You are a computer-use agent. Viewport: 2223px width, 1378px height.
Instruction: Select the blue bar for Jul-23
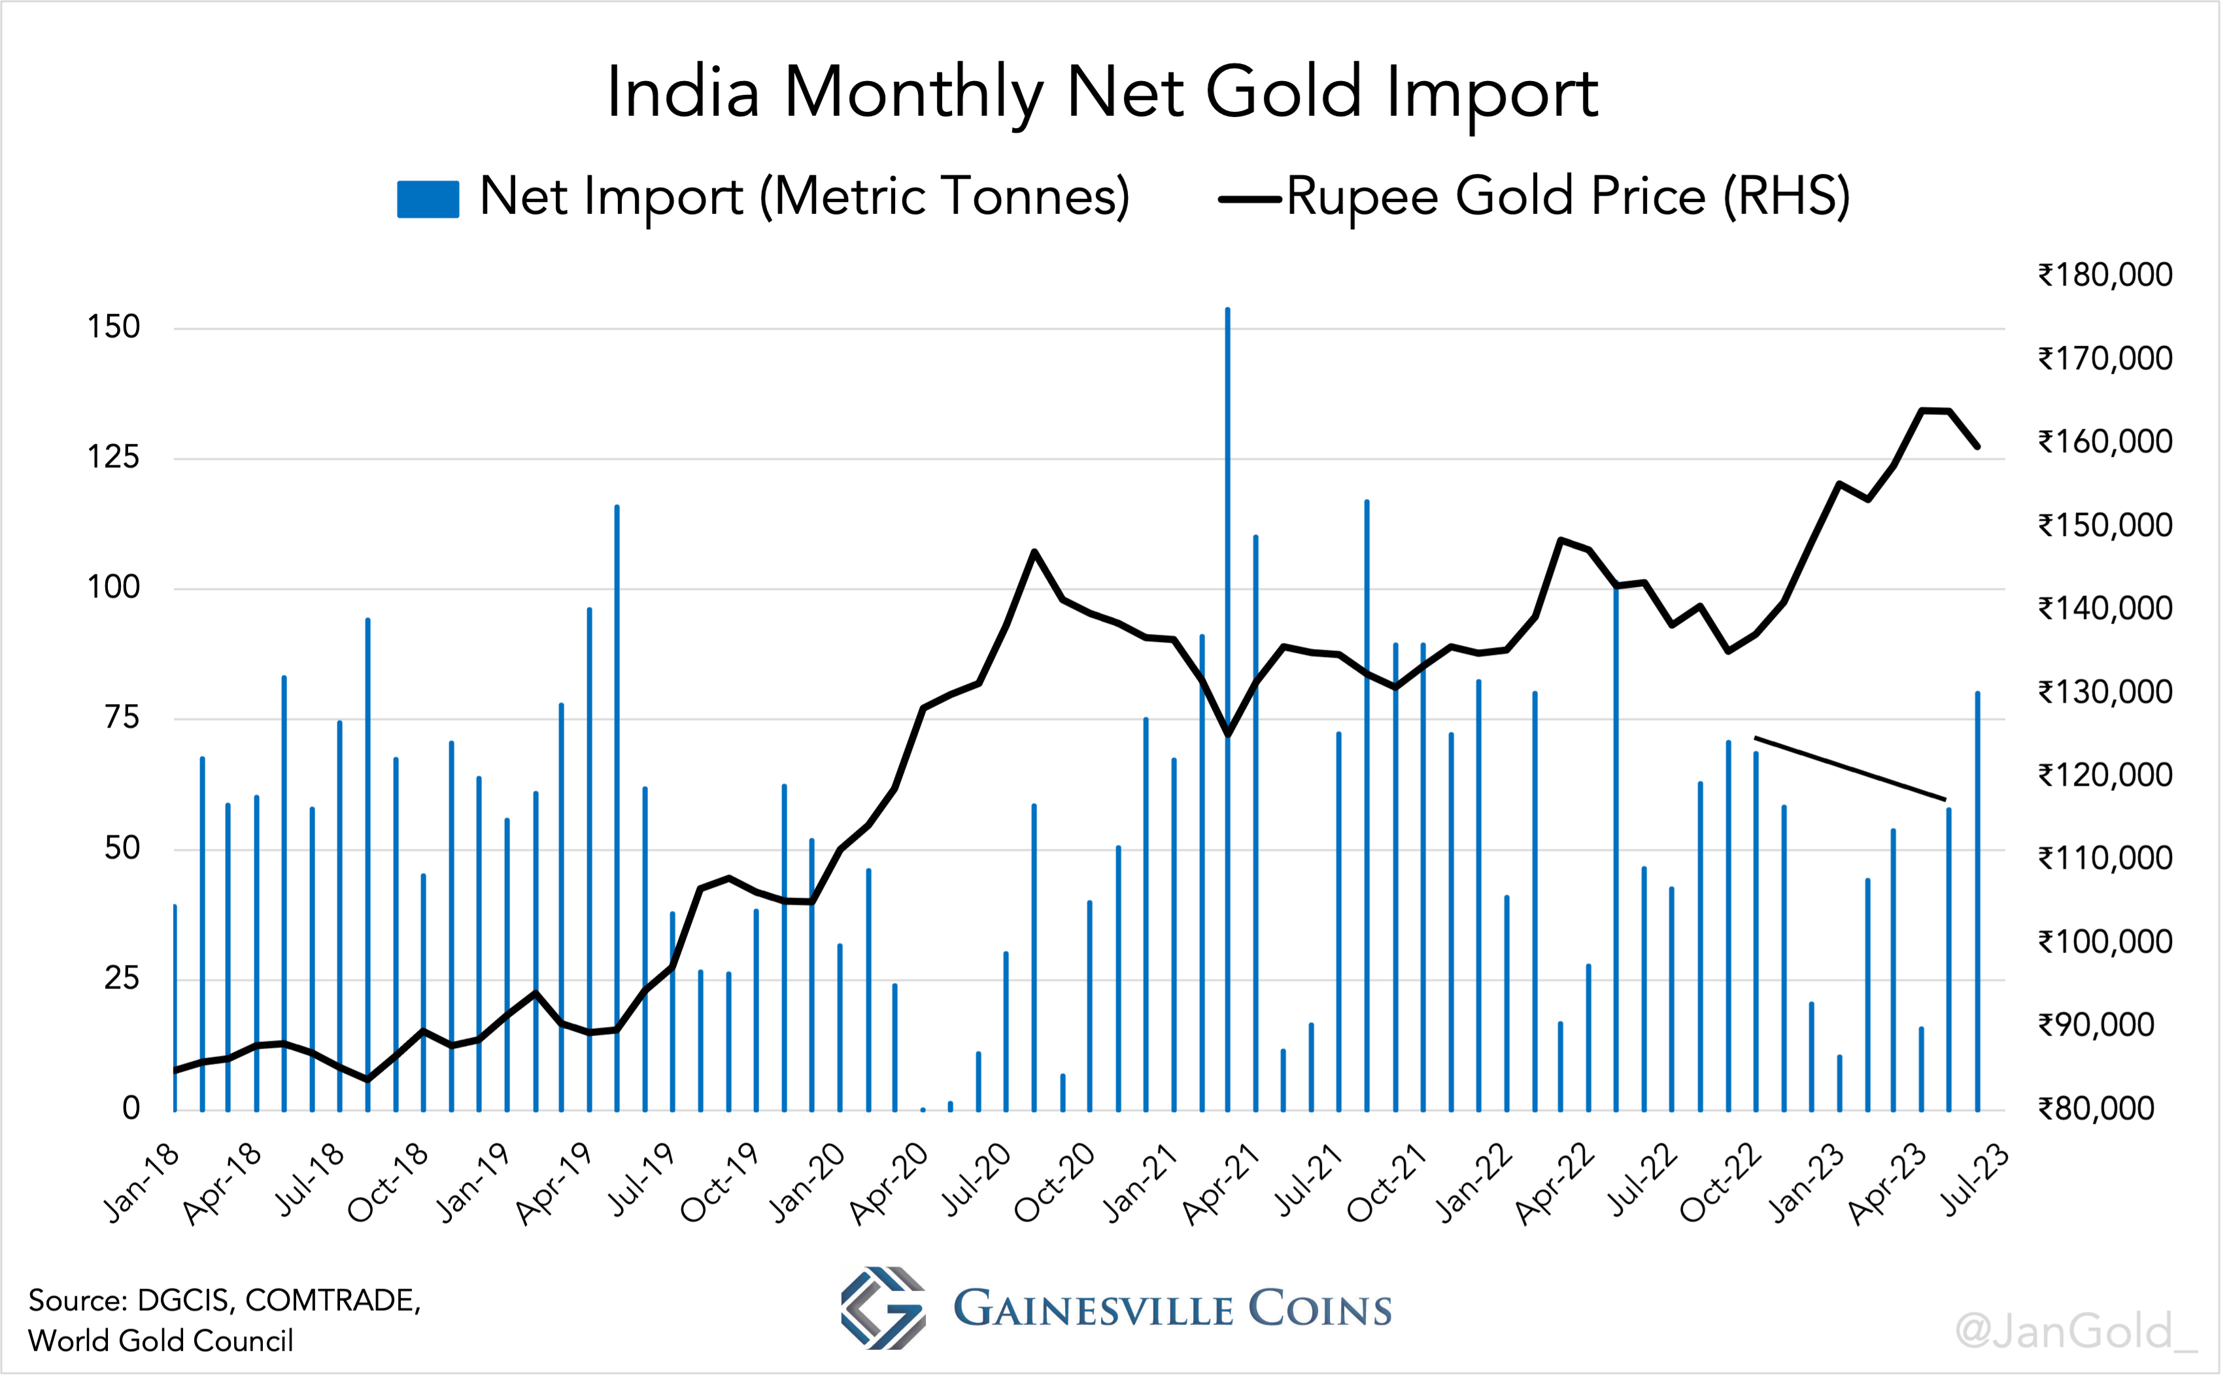coord(1977,902)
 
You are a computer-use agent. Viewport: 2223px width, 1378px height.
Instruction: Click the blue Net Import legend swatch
coord(428,199)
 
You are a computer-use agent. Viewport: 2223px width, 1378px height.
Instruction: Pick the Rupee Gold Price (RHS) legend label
coord(1568,196)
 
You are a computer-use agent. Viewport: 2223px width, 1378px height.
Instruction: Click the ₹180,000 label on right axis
coord(2105,275)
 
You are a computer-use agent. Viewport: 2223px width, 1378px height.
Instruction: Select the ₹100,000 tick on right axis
coord(2105,941)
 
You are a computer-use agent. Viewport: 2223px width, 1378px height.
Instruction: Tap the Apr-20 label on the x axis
coord(889,1182)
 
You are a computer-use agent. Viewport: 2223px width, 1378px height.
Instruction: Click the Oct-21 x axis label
coord(1386,1182)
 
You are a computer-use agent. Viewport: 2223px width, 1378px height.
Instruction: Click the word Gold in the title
coord(1283,93)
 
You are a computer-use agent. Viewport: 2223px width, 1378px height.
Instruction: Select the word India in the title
coord(683,93)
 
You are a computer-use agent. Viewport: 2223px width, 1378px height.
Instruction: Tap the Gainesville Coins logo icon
coord(882,1308)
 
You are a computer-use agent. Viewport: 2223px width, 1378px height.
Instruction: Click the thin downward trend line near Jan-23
coord(1850,768)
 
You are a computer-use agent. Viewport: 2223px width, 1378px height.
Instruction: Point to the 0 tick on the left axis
coord(131,1108)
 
